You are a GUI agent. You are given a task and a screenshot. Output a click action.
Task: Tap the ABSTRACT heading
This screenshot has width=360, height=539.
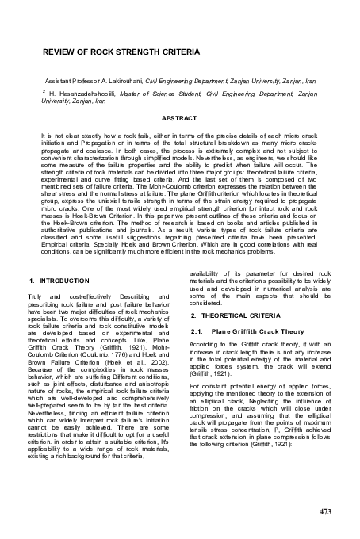click(x=179, y=117)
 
